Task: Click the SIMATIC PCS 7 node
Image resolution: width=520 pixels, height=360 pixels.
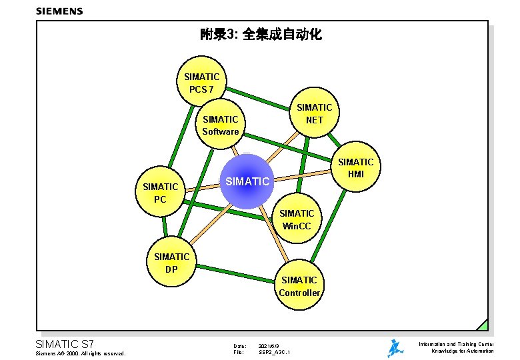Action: (x=201, y=82)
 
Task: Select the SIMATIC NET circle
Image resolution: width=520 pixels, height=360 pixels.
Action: (x=314, y=113)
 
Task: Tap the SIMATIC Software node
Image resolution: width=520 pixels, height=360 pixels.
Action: (x=221, y=125)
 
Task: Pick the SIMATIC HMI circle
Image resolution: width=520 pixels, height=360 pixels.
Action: (x=355, y=168)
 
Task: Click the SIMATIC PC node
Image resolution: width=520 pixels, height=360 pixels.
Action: (x=160, y=192)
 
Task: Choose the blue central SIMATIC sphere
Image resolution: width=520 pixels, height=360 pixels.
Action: (x=247, y=181)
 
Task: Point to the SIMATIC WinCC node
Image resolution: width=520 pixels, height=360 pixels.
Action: (x=297, y=219)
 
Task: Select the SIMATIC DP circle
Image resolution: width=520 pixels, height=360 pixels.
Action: (x=171, y=263)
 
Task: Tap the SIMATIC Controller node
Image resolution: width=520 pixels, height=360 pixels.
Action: (x=299, y=286)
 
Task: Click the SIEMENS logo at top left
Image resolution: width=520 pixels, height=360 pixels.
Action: (x=59, y=11)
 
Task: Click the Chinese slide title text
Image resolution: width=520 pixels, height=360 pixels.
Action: (x=261, y=34)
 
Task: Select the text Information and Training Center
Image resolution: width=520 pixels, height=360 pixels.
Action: (x=456, y=344)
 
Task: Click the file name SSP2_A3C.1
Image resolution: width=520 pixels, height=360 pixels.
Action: (x=274, y=352)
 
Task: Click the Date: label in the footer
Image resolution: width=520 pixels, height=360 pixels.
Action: (x=239, y=346)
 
